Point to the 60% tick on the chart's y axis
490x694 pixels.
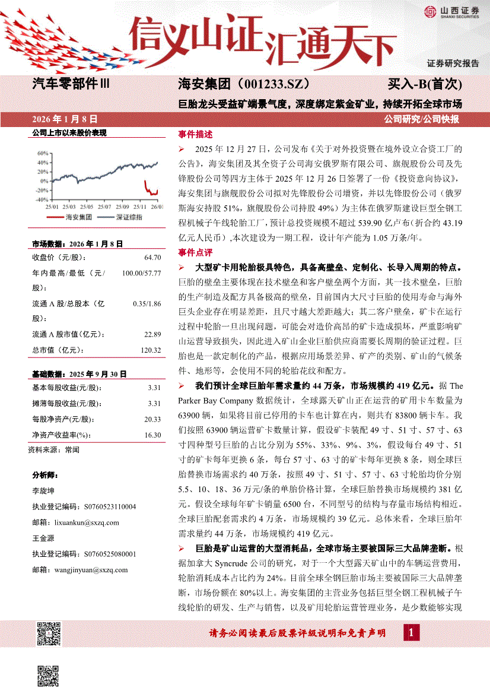(42, 153)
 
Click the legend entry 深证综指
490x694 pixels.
(128, 217)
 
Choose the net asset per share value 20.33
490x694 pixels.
(152, 419)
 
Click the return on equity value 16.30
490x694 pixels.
(152, 435)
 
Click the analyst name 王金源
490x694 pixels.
(43, 538)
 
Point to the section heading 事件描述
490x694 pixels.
(195, 134)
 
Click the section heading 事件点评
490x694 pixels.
(195, 253)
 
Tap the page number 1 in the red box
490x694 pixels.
(411, 632)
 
